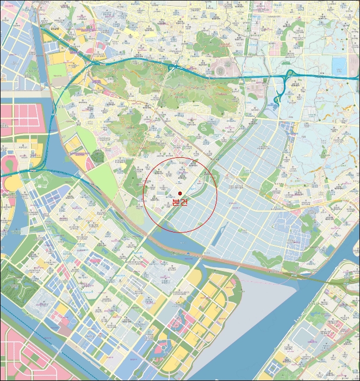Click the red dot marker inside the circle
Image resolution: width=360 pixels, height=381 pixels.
[x=180, y=193]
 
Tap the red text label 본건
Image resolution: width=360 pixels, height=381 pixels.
[x=179, y=202]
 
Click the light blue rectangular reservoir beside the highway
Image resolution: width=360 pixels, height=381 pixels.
[x=339, y=66]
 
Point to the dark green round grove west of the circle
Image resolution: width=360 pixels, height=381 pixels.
[x=98, y=157]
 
